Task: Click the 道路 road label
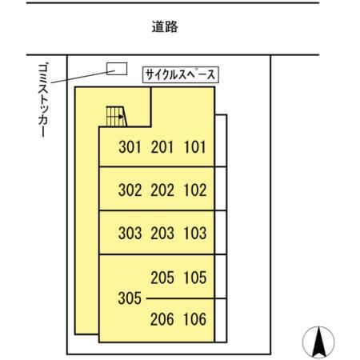click(x=165, y=27)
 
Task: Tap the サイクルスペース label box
click(x=182, y=75)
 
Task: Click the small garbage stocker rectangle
click(x=117, y=69)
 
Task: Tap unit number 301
click(x=129, y=147)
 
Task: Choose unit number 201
click(x=162, y=147)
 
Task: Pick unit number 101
click(x=195, y=147)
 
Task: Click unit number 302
click(x=129, y=190)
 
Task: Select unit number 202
click(x=162, y=190)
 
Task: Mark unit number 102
click(x=195, y=190)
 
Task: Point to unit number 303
click(x=129, y=234)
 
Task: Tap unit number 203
click(x=162, y=234)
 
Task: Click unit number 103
click(x=195, y=234)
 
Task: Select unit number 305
click(x=129, y=298)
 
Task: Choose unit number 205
click(x=162, y=278)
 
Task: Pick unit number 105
click(x=195, y=278)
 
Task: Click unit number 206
click(x=162, y=320)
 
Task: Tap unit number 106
click(x=195, y=320)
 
